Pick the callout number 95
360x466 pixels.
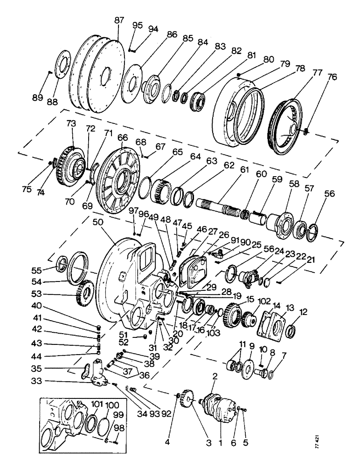click(137, 25)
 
